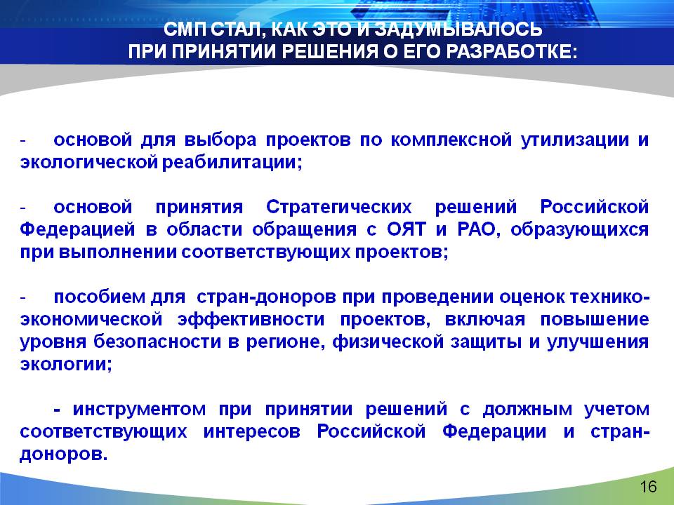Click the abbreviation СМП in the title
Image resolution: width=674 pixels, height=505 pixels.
pyautogui.click(x=185, y=29)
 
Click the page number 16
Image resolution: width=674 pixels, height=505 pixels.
pyautogui.click(x=648, y=487)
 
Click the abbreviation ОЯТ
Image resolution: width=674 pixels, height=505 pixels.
pyautogui.click(x=406, y=229)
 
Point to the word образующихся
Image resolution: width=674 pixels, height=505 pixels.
pyautogui.click(x=579, y=230)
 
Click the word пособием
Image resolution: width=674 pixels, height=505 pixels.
pyautogui.click(x=100, y=297)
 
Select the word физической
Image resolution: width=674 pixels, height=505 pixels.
pyautogui.click(x=388, y=342)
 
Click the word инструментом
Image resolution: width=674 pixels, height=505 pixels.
pyautogui.click(x=139, y=409)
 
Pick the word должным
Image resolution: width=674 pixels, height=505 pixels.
pyautogui.click(x=527, y=409)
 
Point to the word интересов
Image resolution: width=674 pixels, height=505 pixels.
pyautogui.click(x=252, y=431)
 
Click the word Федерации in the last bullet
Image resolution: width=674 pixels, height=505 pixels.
pyautogui.click(x=494, y=431)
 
